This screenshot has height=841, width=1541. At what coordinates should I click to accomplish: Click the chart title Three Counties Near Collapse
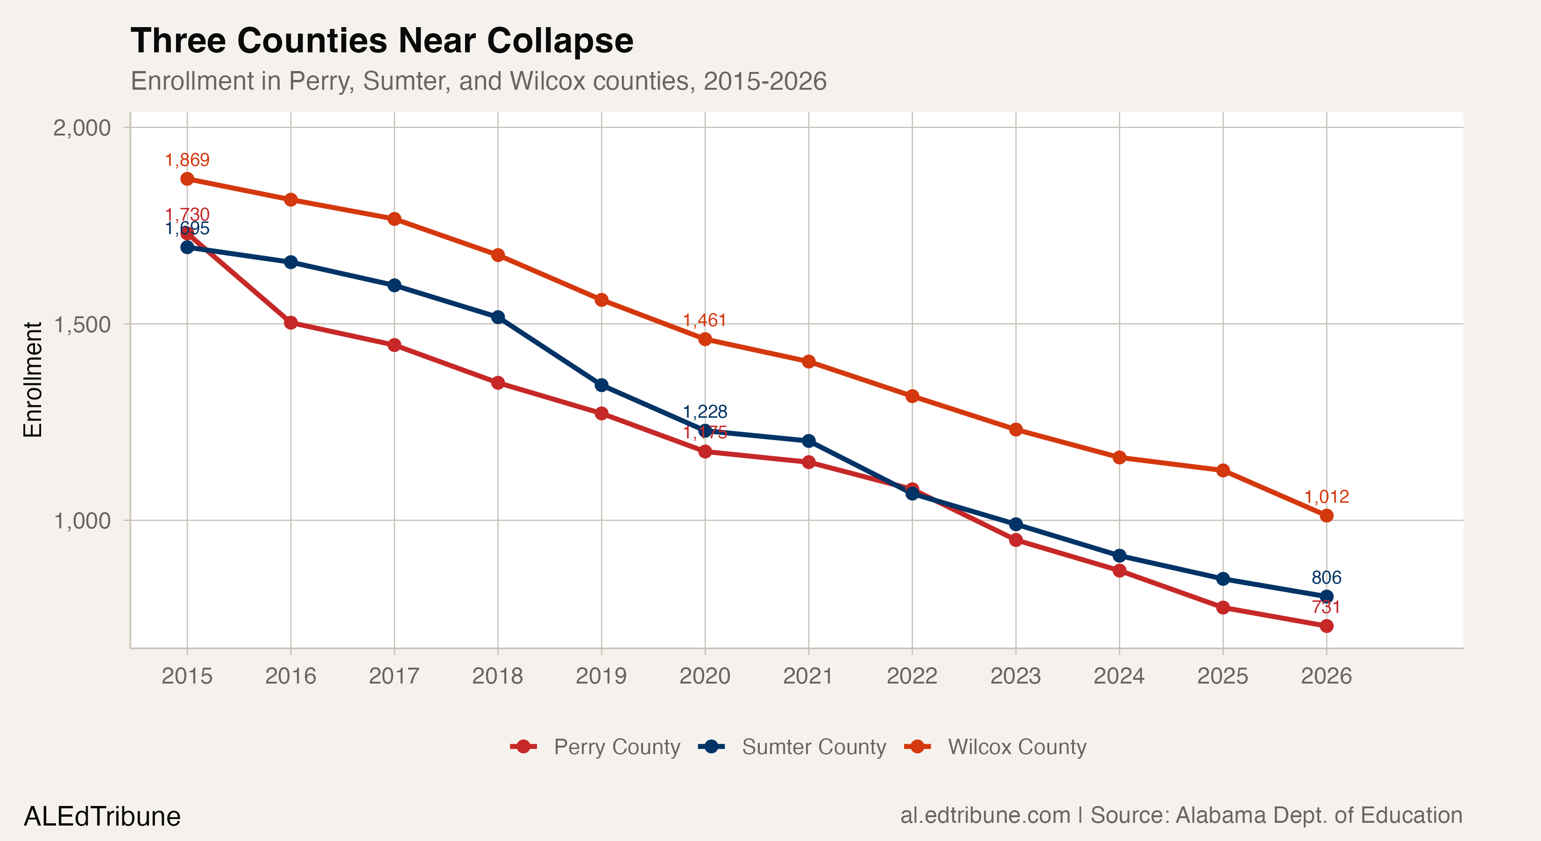coord(382,41)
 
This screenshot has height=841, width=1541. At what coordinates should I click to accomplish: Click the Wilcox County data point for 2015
coord(187,179)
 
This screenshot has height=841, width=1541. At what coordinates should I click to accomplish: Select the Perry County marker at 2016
coord(291,323)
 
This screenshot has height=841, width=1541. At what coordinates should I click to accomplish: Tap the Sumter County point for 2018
coord(498,317)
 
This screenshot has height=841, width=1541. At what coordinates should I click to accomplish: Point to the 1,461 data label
coord(705,320)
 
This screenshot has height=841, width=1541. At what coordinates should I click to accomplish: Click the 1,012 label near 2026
coord(1326,496)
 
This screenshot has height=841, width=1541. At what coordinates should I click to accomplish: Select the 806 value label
coord(1326,577)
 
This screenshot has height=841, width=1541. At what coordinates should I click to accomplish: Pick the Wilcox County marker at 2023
coord(1016,429)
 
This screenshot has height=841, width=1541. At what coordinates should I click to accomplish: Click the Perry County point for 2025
coord(1223,607)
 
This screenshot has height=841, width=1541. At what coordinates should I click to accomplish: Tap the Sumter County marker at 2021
coord(808,441)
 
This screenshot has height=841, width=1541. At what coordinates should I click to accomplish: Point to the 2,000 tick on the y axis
coord(82,128)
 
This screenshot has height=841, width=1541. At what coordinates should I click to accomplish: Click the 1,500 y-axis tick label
coord(82,324)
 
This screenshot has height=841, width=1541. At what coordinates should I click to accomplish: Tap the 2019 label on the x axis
coord(601,676)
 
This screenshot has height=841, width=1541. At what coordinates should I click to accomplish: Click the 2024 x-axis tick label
coord(1119,676)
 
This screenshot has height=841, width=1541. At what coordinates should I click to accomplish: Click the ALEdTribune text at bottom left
coord(102,816)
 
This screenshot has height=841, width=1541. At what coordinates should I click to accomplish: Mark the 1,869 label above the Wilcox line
coord(187,160)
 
